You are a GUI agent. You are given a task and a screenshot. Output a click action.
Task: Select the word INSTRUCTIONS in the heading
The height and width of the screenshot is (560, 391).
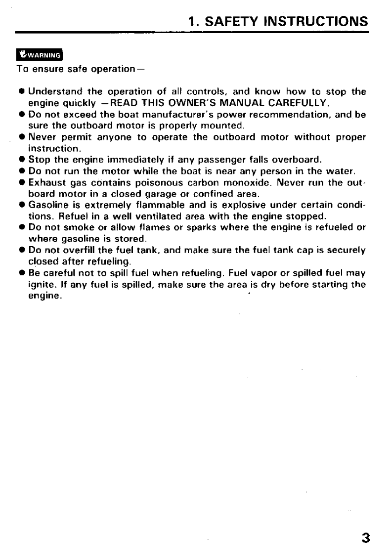point(316,21)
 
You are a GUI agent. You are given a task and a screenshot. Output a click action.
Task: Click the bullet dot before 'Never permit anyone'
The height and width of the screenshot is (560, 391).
point(23,138)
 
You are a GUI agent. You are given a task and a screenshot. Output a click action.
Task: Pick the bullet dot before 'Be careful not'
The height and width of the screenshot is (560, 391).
point(23,271)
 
